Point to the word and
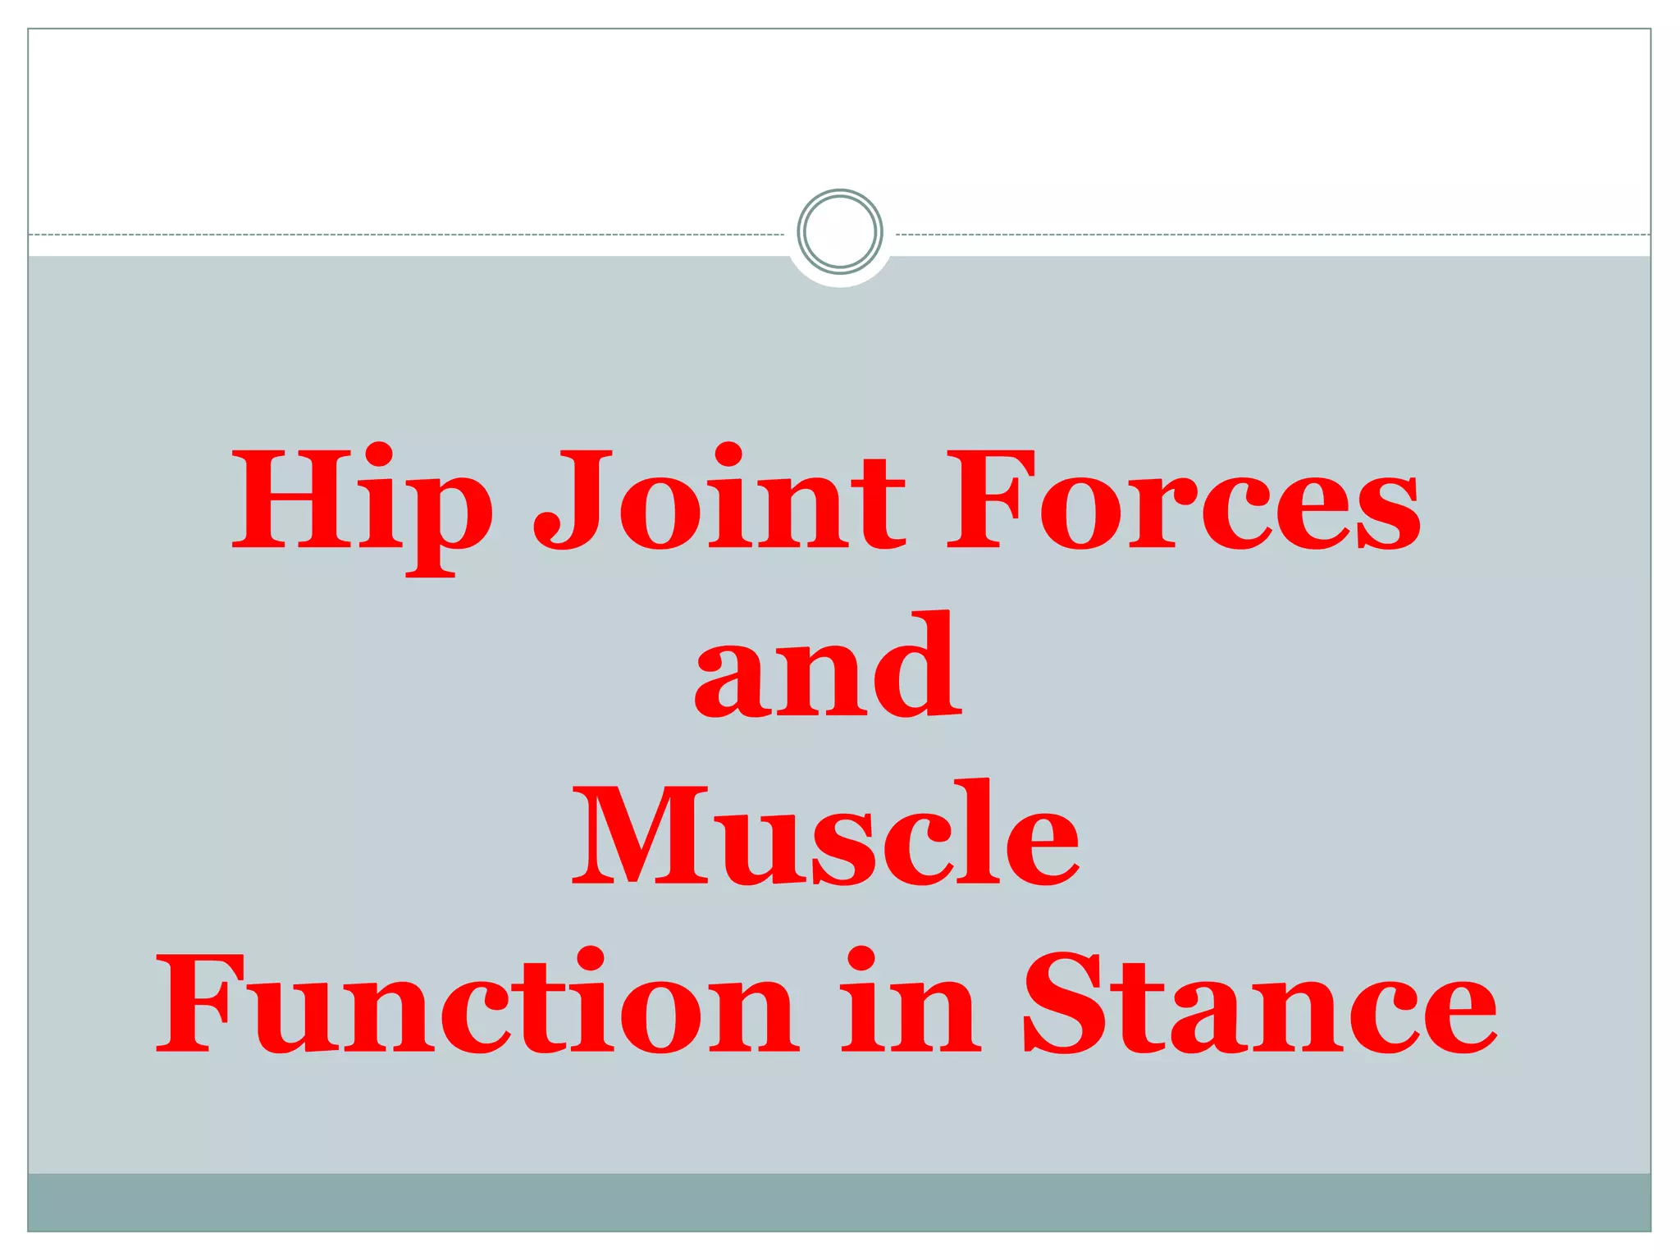pyautogui.click(x=828, y=666)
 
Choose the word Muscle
pyautogui.click(x=825, y=834)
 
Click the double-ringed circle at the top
pyautogui.click(x=839, y=231)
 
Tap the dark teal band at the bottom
pyautogui.click(x=839, y=1202)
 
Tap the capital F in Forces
pyautogui.click(x=988, y=498)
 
